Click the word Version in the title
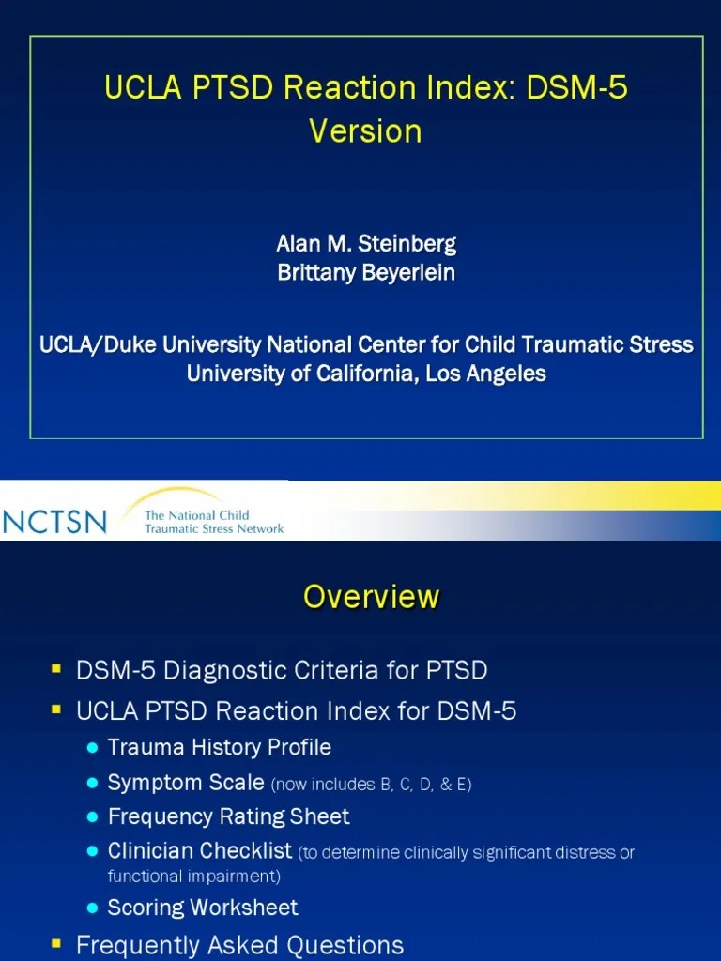(365, 130)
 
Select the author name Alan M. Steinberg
(366, 244)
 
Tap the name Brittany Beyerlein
(366, 272)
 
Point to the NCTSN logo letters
(54, 521)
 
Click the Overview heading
(371, 597)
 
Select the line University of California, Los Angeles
(366, 373)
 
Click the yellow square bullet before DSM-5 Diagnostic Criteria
(56, 669)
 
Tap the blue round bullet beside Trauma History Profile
(91, 748)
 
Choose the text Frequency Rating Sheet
(228, 816)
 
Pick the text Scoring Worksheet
(203, 908)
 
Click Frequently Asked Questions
(239, 944)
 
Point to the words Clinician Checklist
(200, 851)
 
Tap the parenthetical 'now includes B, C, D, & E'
(371, 785)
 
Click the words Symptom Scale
(186, 782)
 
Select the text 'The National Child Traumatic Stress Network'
(213, 522)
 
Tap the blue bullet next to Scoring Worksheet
(91, 908)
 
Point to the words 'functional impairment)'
(194, 877)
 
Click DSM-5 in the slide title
(576, 89)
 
